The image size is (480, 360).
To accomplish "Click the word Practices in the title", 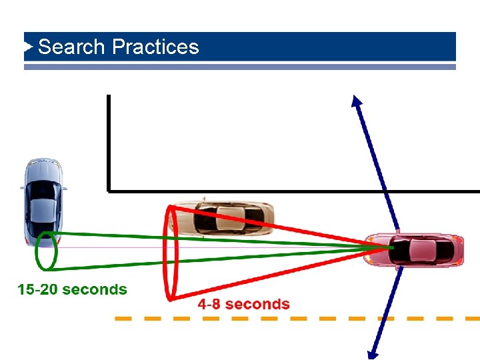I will [156, 47].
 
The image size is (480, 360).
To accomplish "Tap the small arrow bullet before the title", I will [29, 47].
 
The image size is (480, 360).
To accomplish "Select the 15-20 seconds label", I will [72, 289].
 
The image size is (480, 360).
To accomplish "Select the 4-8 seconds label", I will [244, 305].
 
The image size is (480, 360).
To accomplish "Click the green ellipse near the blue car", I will [47, 251].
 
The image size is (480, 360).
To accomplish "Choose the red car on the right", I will [415, 250].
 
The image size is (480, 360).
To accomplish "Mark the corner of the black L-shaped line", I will [109, 191].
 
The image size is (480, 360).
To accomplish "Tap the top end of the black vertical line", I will [108, 97].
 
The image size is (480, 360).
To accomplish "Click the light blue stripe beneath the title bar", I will [240, 67].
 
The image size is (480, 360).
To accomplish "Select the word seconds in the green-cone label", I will [95, 289].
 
